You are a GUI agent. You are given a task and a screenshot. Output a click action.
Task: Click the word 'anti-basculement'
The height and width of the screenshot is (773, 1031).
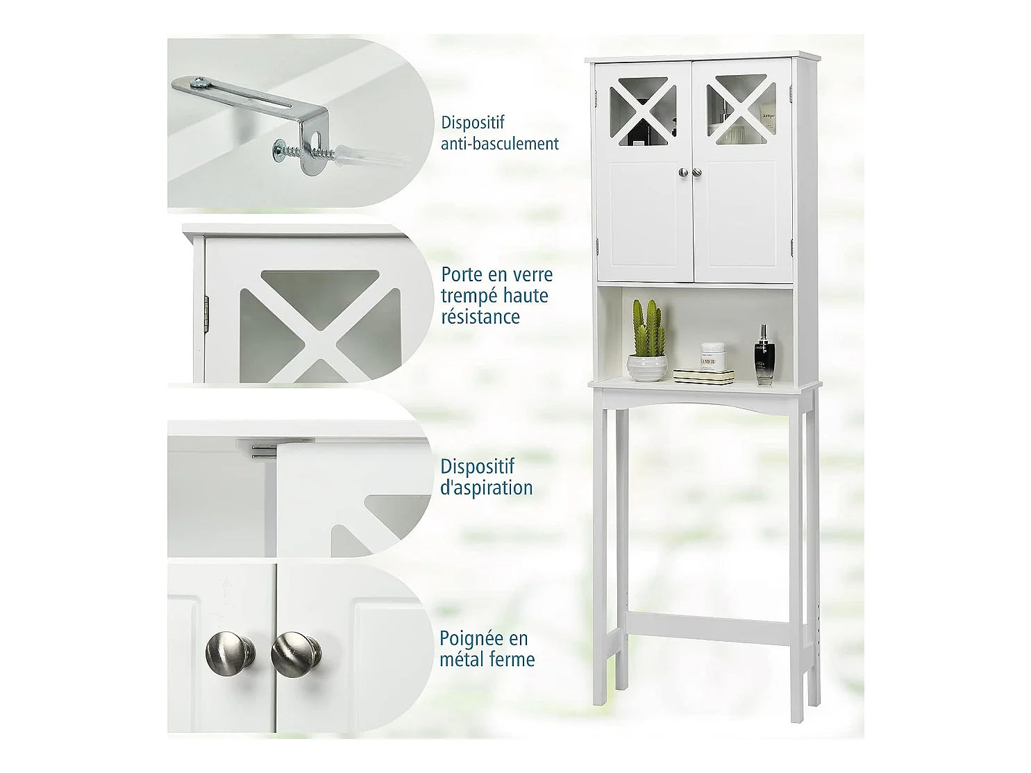(x=499, y=144)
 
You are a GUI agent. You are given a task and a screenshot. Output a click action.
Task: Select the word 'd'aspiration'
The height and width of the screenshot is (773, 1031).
(x=486, y=488)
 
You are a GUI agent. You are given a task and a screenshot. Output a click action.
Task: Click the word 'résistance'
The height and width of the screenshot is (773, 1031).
(x=480, y=317)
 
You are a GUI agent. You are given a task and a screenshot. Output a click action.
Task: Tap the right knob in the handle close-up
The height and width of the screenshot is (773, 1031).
(x=296, y=654)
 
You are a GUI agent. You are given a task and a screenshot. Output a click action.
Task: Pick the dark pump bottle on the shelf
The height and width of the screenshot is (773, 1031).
(x=764, y=354)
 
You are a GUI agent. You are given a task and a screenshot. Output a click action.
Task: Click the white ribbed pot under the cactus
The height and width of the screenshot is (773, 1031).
(x=647, y=367)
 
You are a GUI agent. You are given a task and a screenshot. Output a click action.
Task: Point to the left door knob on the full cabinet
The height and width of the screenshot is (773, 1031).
(x=683, y=172)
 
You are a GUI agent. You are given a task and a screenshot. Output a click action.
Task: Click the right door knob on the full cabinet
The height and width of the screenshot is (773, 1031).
(x=697, y=172)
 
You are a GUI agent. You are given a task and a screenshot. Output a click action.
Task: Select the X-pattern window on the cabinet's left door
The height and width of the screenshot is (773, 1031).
(x=643, y=110)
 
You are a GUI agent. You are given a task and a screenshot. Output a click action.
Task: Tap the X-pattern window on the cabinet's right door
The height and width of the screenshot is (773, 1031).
(x=741, y=109)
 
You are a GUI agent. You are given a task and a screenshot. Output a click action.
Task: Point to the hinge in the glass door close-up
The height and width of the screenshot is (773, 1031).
(x=206, y=312)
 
